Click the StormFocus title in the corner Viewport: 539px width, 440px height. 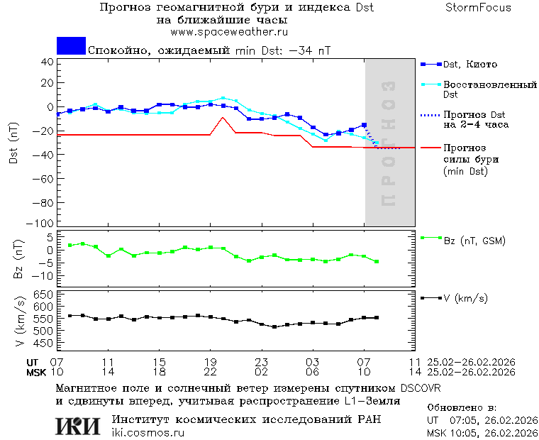coord(478,8)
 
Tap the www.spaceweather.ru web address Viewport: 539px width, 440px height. coord(228,32)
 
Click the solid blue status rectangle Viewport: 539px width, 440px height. coord(71,45)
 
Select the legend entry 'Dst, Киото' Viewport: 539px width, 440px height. coord(470,65)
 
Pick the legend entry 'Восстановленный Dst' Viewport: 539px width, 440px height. coord(489,89)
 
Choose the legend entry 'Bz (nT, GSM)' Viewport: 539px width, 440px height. coord(474,241)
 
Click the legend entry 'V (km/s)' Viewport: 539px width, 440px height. coord(465,298)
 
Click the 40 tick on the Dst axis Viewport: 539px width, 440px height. coord(48,61)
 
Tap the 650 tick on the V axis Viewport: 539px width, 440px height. coord(44,295)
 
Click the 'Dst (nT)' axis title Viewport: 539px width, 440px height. coord(13,143)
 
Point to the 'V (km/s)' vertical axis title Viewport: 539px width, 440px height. coord(21,322)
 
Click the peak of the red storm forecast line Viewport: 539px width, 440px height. coord(223,118)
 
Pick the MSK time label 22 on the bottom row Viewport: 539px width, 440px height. coord(210,372)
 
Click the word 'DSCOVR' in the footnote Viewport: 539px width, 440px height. coord(420,389)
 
